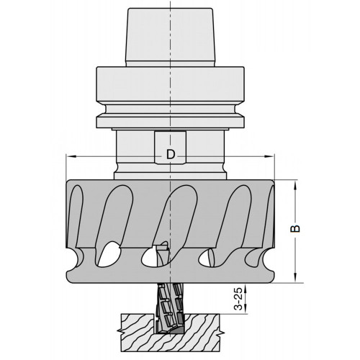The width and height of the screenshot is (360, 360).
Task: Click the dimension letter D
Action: (x=170, y=154)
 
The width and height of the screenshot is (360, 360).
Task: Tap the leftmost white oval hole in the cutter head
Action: (x=111, y=253)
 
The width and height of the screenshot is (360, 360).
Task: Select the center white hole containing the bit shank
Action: (x=158, y=254)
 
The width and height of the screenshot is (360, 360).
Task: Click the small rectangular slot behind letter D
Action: (x=170, y=148)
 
